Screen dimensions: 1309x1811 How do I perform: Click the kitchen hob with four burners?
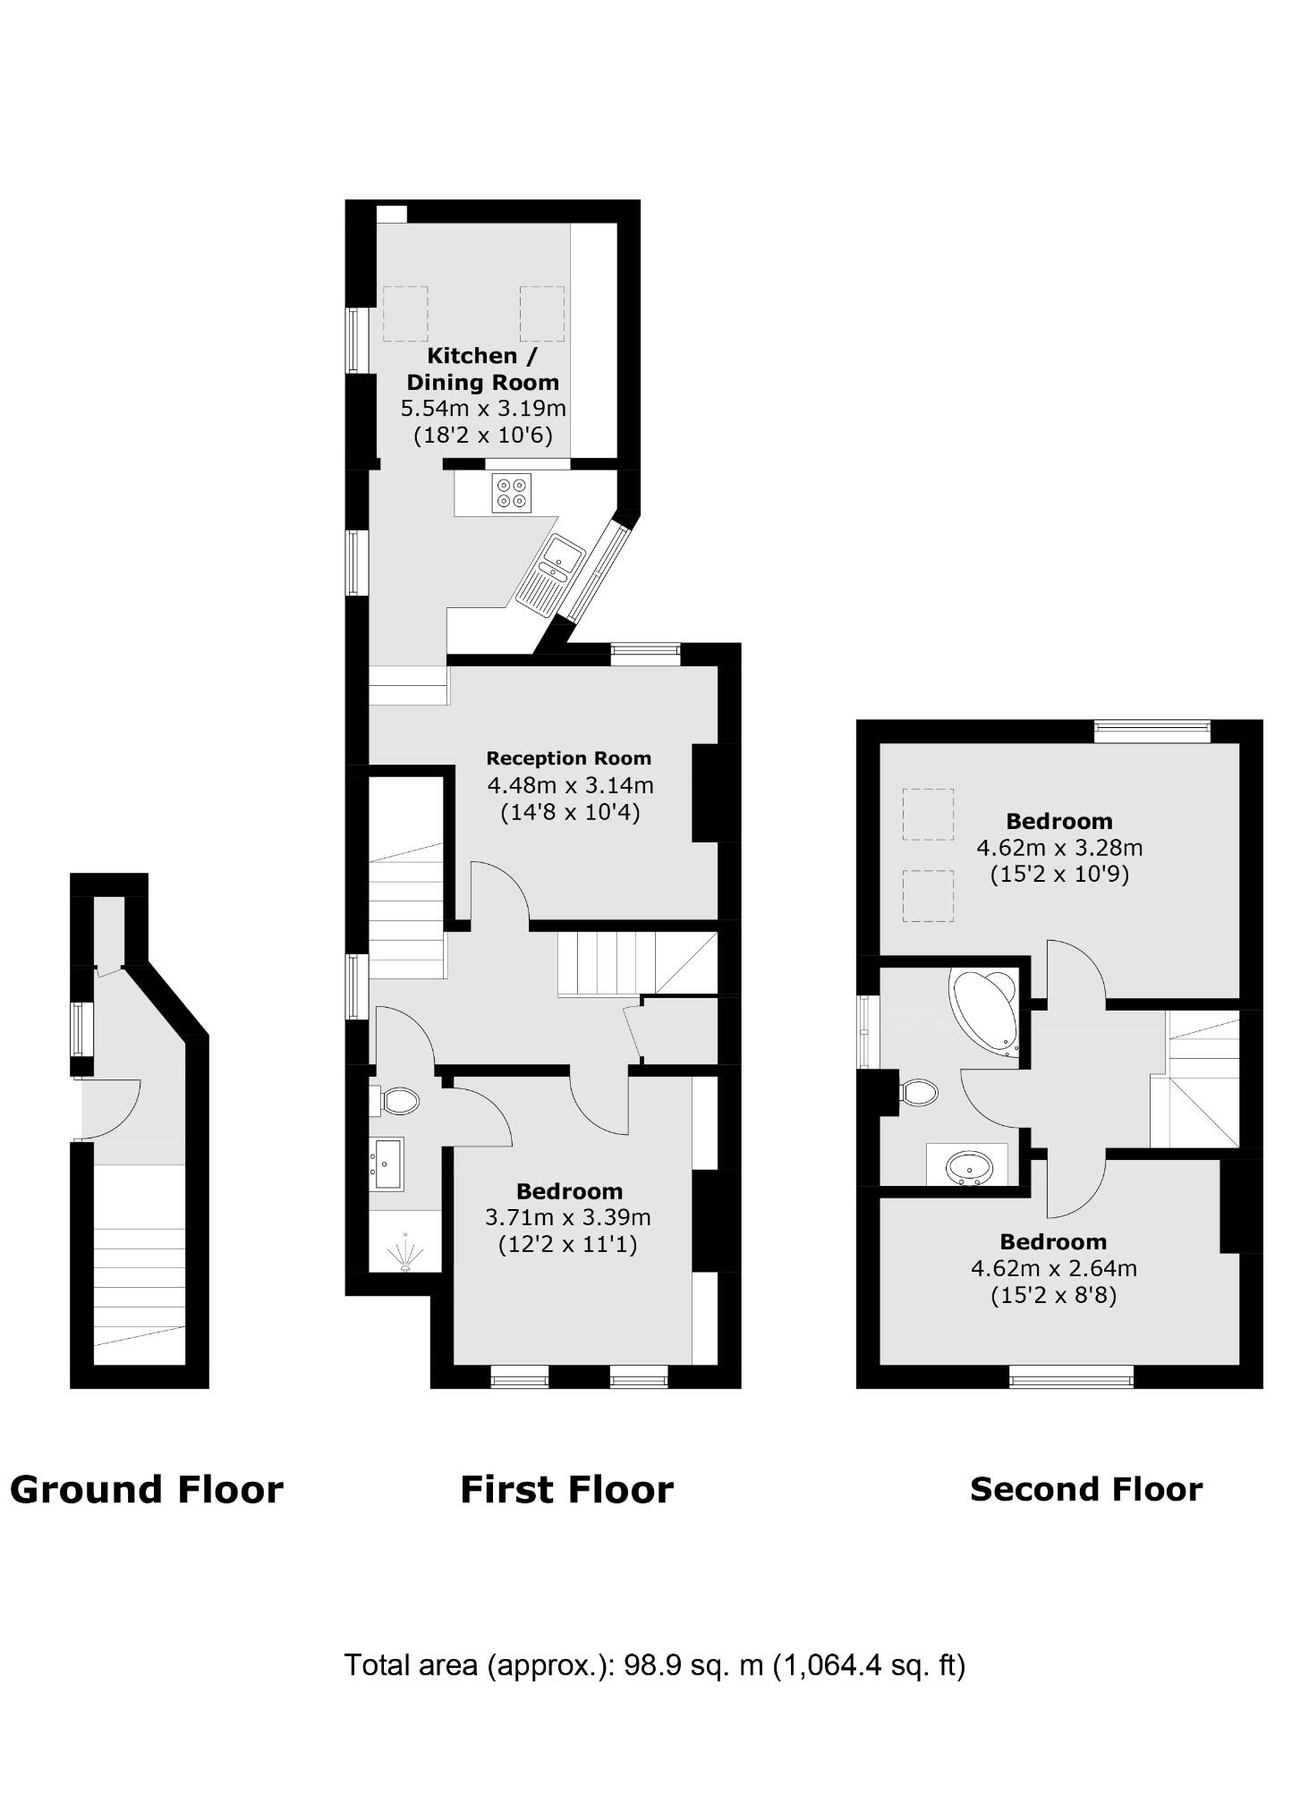[x=511, y=493]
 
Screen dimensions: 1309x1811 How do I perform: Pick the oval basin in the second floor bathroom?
[x=969, y=1166]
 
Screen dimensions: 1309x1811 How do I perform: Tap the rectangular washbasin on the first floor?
[x=388, y=1163]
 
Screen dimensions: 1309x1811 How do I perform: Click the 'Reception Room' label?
[x=568, y=758]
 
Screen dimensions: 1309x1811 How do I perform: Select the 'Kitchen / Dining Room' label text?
[x=482, y=369]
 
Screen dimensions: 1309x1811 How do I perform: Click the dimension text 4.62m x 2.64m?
[x=1053, y=1268]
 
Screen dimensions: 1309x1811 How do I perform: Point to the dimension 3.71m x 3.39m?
[x=568, y=1217]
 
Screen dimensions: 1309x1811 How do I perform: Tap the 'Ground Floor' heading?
[x=147, y=1490]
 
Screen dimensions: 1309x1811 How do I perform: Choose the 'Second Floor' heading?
[x=1086, y=1489]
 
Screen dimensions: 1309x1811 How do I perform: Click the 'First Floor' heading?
[x=566, y=1490]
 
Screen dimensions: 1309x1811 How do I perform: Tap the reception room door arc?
[x=499, y=890]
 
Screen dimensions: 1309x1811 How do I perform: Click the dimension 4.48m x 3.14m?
[x=570, y=786]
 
